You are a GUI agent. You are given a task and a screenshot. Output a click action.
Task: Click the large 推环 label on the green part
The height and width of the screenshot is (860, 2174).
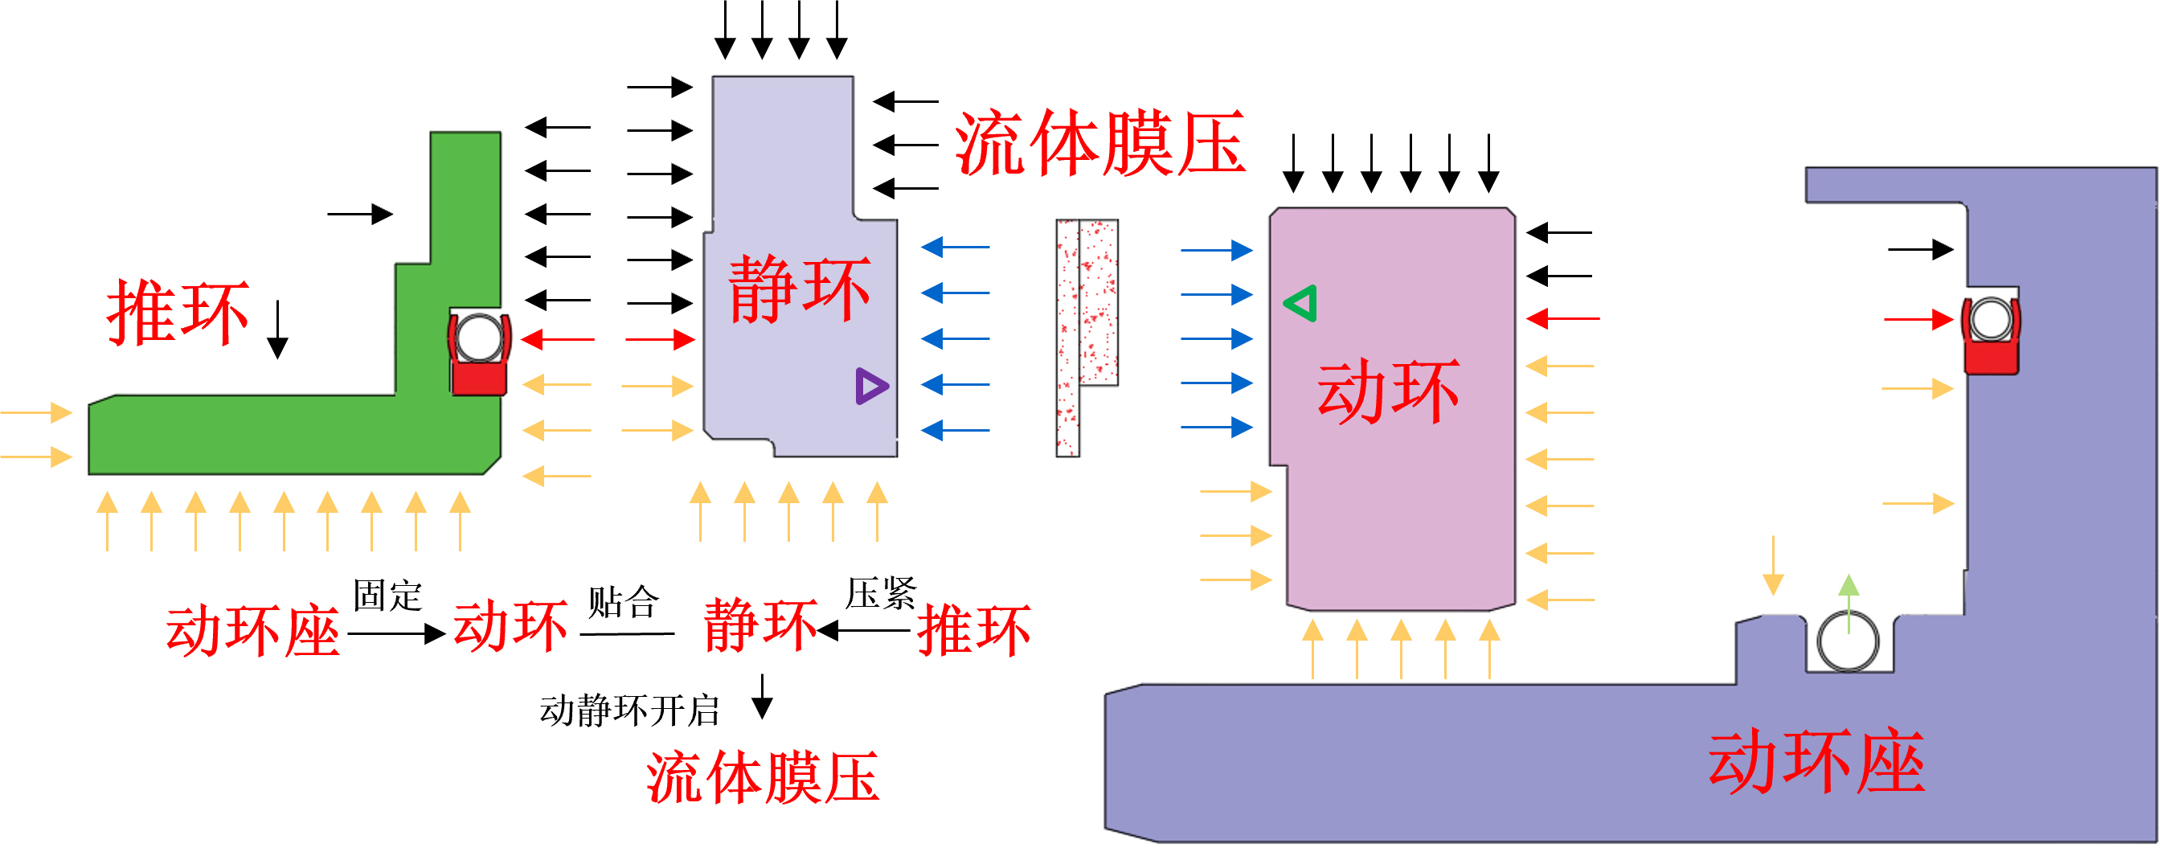[178, 313]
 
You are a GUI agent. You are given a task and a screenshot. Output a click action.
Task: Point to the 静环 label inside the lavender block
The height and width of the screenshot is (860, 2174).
[798, 289]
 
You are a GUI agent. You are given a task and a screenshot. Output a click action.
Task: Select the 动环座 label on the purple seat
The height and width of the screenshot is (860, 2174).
[1816, 762]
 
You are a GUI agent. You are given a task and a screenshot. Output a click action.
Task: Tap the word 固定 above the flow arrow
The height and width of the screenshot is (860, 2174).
[387, 596]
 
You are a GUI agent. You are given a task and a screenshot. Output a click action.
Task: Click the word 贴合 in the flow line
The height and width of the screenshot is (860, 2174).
[622, 602]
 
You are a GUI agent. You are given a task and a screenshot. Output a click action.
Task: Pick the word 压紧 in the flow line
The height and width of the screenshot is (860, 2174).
[880, 593]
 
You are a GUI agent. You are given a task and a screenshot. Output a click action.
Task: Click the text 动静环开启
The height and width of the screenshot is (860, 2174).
[629, 711]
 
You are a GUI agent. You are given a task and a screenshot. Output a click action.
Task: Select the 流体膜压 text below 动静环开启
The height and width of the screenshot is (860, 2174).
[763, 777]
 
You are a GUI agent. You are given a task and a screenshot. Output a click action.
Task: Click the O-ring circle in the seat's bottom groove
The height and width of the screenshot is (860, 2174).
[1848, 641]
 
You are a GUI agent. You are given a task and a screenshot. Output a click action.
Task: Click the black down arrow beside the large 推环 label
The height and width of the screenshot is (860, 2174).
[277, 330]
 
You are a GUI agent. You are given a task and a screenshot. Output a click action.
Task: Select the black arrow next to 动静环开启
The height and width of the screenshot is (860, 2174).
[762, 696]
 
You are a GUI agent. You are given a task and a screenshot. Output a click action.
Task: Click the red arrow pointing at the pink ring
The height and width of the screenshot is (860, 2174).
[1562, 319]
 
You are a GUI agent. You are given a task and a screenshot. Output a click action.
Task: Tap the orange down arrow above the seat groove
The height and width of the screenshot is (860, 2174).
[1773, 566]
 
